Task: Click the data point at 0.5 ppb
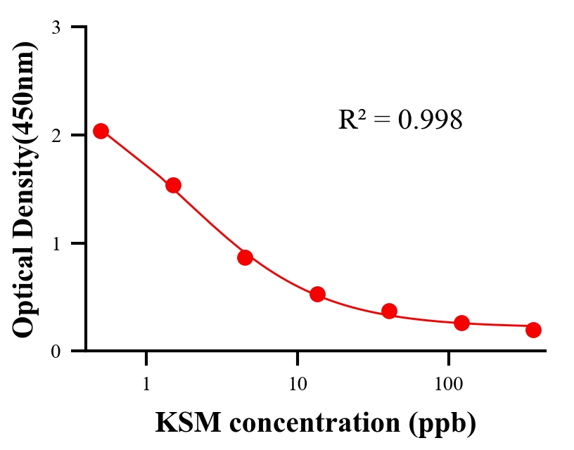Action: pyautogui.click(x=101, y=131)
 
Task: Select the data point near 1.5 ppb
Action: pyautogui.click(x=173, y=185)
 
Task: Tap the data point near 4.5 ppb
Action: pyautogui.click(x=245, y=257)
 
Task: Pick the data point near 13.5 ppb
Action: pyautogui.click(x=317, y=294)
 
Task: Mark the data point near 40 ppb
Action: pyautogui.click(x=389, y=311)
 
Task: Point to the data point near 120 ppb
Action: pyautogui.click(x=461, y=323)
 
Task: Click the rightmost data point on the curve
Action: pyautogui.click(x=533, y=330)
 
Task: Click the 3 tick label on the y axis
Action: pyautogui.click(x=56, y=27)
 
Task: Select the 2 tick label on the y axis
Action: pyautogui.click(x=56, y=135)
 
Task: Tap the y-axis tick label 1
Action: pyautogui.click(x=56, y=243)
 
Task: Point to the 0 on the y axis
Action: pyautogui.click(x=56, y=352)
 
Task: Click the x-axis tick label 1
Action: pyautogui.click(x=146, y=385)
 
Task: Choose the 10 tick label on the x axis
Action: pyautogui.click(x=298, y=385)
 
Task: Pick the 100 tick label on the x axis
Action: pyautogui.click(x=449, y=385)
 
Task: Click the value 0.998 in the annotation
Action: pyautogui.click(x=431, y=120)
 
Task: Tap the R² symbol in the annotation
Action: pyautogui.click(x=351, y=120)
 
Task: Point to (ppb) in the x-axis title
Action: pyautogui.click(x=447, y=424)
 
